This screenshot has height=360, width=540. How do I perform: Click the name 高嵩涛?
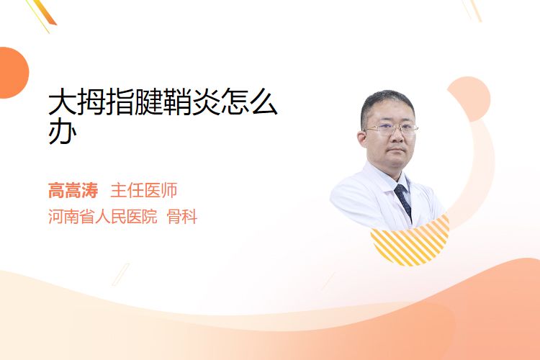(x=73, y=191)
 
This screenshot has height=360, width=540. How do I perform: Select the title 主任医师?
(x=144, y=191)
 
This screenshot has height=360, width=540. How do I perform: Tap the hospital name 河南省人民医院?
(x=103, y=217)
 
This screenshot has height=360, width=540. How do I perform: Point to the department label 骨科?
(x=182, y=217)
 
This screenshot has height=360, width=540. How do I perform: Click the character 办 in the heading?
(x=63, y=132)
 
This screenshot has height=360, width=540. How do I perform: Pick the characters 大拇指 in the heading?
(x=91, y=102)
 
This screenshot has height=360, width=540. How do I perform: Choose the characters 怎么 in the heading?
(x=249, y=102)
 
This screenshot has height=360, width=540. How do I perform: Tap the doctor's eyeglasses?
(x=391, y=129)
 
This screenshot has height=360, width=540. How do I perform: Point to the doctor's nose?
(x=397, y=136)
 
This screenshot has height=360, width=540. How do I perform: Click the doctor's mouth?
(x=397, y=150)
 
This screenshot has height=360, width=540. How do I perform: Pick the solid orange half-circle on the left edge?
(x=13, y=73)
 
